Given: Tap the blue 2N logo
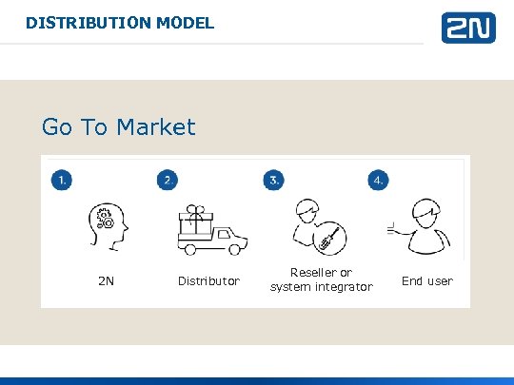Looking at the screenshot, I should click(467, 28).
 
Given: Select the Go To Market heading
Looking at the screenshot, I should click(118, 127).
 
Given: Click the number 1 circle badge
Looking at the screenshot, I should click(61, 180).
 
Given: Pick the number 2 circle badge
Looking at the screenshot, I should click(168, 180).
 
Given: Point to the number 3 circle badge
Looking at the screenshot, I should click(274, 180).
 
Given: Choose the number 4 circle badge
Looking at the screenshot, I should click(380, 180).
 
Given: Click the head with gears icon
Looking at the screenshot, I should click(105, 226).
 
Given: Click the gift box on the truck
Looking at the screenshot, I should click(199, 220).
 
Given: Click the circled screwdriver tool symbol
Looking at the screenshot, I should click(328, 239).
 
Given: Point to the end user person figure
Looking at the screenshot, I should click(425, 229).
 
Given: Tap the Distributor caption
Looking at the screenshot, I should click(209, 281).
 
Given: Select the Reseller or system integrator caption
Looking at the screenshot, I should click(321, 279).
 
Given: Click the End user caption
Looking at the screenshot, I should click(427, 281).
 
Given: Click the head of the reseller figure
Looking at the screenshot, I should click(307, 210).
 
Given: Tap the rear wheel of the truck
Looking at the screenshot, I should click(191, 249).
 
